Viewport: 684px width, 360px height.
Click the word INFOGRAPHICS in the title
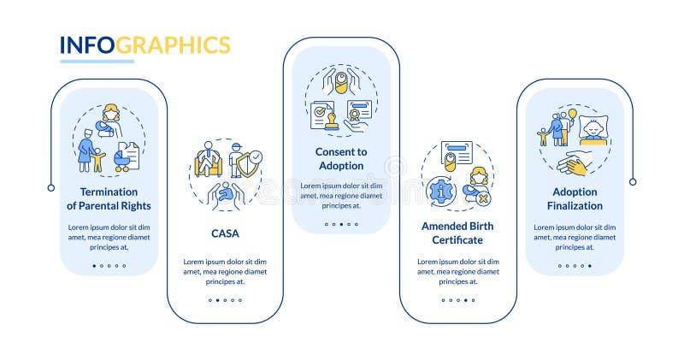(x=144, y=44)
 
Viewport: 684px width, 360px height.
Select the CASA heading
(x=224, y=232)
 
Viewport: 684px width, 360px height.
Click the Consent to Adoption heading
(x=342, y=158)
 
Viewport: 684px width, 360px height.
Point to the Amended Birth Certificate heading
(x=457, y=233)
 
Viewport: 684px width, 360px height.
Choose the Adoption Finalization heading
(x=575, y=198)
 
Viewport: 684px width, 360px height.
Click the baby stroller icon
(x=127, y=158)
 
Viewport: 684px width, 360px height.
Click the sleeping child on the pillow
(x=592, y=128)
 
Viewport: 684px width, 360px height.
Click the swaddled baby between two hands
(x=341, y=83)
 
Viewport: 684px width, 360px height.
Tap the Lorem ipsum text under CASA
(x=224, y=270)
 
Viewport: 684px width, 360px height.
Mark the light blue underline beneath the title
(x=97, y=62)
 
